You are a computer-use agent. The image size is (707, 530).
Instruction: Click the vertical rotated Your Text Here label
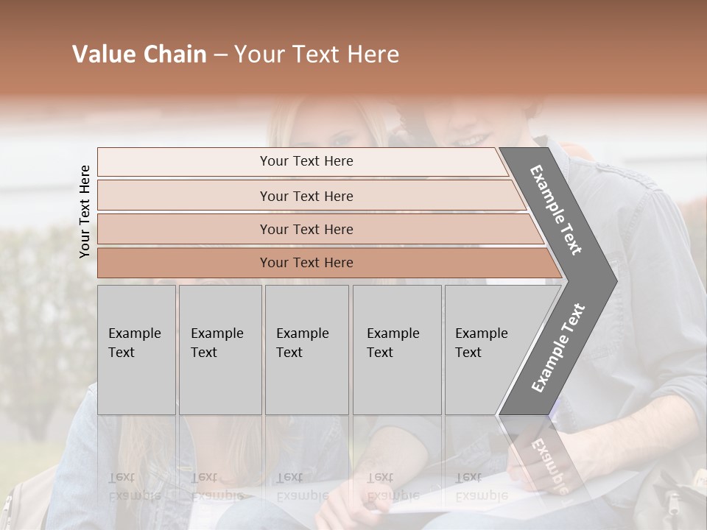[85, 211]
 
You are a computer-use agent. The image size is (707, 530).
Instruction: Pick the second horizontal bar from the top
[306, 196]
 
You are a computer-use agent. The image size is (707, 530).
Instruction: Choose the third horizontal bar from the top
[306, 229]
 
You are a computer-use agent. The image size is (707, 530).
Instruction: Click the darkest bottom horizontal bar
[306, 263]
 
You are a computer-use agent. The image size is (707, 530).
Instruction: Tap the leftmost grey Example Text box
[136, 350]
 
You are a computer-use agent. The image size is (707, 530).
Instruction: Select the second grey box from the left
[220, 350]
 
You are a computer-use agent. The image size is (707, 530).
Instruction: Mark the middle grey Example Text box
[306, 350]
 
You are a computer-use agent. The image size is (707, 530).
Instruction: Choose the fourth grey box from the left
[397, 350]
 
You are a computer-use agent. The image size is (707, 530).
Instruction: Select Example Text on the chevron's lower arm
[557, 348]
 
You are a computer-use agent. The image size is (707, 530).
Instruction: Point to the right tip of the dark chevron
[616, 280]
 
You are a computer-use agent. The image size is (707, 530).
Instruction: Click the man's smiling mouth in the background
[475, 139]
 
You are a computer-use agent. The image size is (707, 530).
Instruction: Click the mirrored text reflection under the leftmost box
[135, 486]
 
